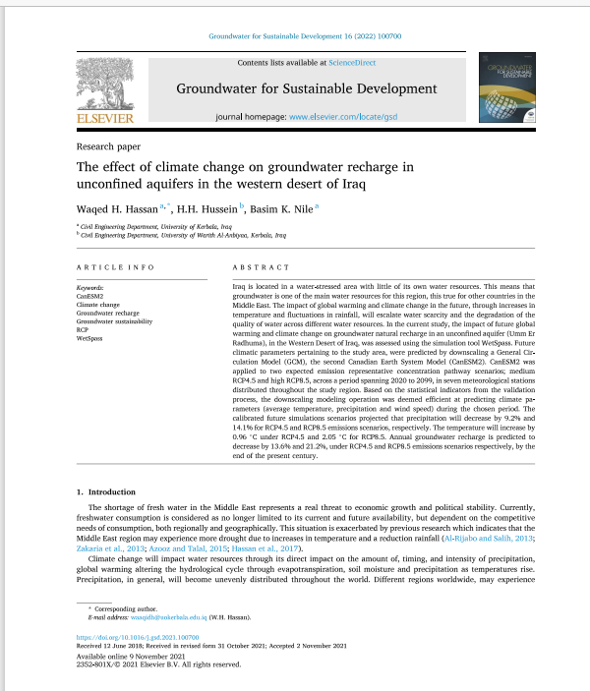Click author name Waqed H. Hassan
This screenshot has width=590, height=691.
coord(116,208)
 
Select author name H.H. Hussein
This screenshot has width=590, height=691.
coord(206,208)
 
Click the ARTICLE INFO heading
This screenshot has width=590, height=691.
coord(115,267)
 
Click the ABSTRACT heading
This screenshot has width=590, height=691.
coord(261,267)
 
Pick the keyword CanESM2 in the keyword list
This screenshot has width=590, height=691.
coord(90,294)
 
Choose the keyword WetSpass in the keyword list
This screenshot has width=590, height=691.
coord(90,336)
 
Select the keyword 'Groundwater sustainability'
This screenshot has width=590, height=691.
coord(114,321)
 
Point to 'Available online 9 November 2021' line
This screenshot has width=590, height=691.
coord(125,656)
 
